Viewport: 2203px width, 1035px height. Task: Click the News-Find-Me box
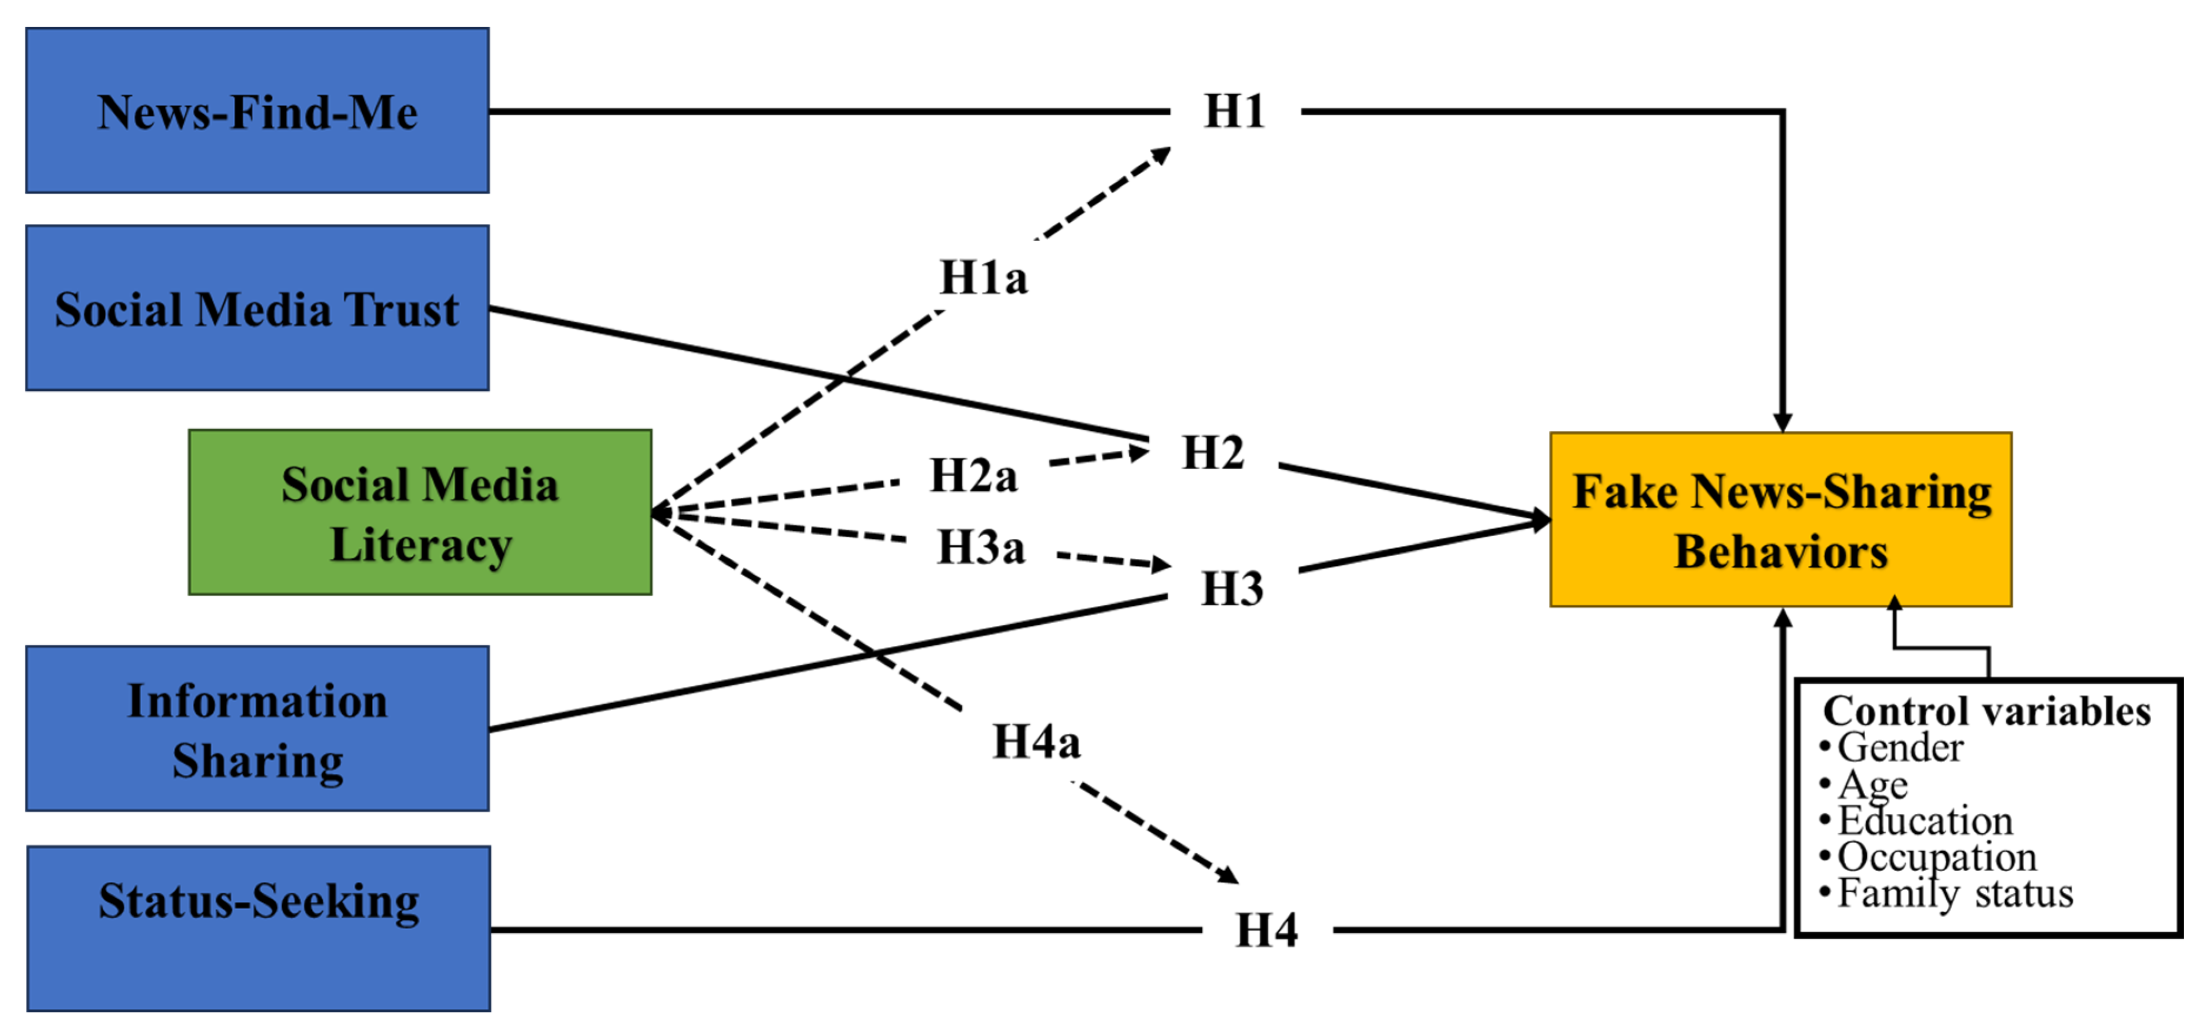coord(257,111)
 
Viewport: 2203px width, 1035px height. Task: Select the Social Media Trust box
coord(257,308)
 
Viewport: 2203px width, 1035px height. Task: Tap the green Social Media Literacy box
coord(420,512)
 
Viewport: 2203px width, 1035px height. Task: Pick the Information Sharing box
coord(257,729)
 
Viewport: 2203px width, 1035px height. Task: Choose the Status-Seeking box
coord(258,929)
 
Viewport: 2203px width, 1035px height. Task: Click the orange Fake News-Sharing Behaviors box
coord(1781,520)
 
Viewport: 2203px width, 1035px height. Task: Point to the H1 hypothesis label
coord(1234,111)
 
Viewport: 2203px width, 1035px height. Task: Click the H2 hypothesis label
coord(1213,452)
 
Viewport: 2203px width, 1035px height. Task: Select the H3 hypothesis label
coord(1232,589)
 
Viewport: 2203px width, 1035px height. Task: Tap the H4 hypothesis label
coord(1267,930)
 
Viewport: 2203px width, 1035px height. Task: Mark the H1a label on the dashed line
coord(984,277)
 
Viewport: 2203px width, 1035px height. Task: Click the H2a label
coord(973,476)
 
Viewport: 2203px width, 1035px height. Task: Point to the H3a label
coord(981,548)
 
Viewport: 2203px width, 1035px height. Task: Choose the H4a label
coord(1036,741)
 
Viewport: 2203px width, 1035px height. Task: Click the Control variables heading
coord(1986,711)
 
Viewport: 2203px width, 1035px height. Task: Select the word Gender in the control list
coord(1900,748)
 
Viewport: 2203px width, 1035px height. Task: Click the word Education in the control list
coord(1925,820)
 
